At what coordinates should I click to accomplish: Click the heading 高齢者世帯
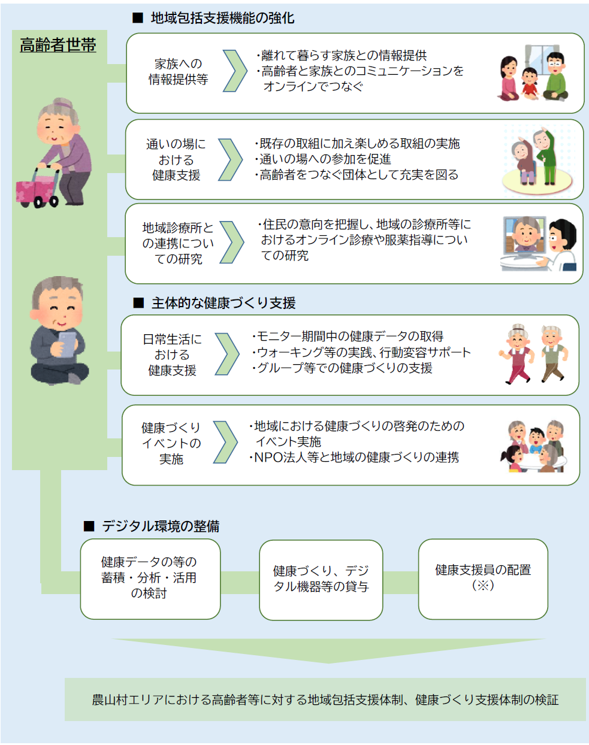58,45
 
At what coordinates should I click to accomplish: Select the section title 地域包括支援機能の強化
222,18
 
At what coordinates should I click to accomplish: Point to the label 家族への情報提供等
178,71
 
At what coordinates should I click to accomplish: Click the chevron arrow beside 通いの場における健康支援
230,160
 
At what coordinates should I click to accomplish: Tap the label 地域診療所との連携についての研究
178,243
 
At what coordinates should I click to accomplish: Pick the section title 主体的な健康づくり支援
223,303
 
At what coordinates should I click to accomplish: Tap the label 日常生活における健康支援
172,355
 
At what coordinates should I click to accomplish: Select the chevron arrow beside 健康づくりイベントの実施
225,443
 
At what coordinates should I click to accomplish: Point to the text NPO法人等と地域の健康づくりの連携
357,458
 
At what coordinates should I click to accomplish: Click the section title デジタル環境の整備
160,526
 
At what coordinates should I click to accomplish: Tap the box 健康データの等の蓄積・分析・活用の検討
150,578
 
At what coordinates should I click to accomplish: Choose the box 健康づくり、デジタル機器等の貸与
321,579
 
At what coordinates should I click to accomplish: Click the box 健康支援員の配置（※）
483,578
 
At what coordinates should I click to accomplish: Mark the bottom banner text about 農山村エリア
325,699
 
